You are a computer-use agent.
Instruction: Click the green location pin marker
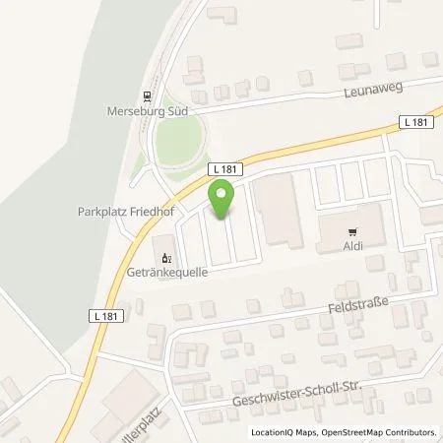point(222,201)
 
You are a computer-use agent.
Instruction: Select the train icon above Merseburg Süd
point(147,95)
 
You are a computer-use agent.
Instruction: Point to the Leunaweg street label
point(373,90)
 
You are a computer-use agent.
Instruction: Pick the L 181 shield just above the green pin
point(221,170)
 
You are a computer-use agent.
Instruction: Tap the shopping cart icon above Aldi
point(351,232)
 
